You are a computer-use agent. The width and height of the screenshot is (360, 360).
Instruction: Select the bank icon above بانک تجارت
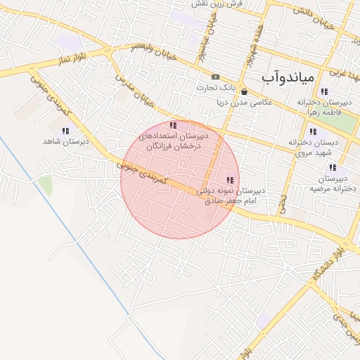point(215,77)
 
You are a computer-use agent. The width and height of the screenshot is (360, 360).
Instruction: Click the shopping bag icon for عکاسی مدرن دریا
point(243,91)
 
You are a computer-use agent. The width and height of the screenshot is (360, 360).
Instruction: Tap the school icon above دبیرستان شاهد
point(65,131)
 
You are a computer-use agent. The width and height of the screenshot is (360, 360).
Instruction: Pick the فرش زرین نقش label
point(219,4)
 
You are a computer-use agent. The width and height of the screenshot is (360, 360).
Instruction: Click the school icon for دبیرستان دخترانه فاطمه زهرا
point(323,91)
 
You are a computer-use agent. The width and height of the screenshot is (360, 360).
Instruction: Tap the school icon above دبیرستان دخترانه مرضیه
point(333,168)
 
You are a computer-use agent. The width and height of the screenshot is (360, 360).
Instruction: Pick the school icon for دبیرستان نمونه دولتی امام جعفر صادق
point(229,181)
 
